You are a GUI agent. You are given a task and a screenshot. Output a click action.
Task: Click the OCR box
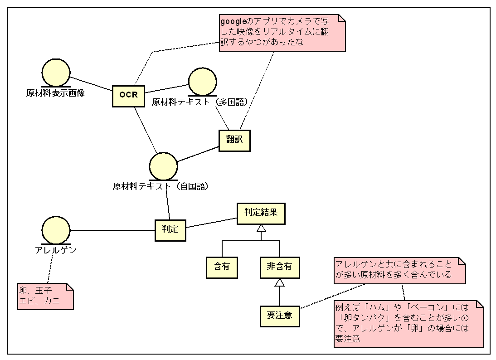pos(128,95)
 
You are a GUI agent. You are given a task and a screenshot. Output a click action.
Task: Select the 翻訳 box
pos(234,140)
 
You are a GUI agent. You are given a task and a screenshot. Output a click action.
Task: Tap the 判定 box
pos(170,230)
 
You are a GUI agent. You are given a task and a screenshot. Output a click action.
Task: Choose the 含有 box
pos(222,267)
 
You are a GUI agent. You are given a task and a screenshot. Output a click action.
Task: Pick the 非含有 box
pos(280,267)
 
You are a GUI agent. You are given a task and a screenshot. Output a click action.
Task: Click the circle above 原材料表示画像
pos(56,73)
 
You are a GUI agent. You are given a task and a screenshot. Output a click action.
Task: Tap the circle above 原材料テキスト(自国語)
pos(163,166)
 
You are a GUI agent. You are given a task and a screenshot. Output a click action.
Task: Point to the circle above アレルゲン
pos(56,230)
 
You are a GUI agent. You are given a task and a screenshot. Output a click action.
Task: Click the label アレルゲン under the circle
pos(56,250)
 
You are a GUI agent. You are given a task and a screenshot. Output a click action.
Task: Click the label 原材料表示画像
pos(55,94)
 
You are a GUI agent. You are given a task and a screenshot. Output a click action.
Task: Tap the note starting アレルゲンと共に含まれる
pos(399,271)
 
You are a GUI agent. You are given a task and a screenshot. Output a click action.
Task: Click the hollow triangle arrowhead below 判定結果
pos(261,229)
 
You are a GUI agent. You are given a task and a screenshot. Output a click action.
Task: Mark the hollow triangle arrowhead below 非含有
pos(280,282)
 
